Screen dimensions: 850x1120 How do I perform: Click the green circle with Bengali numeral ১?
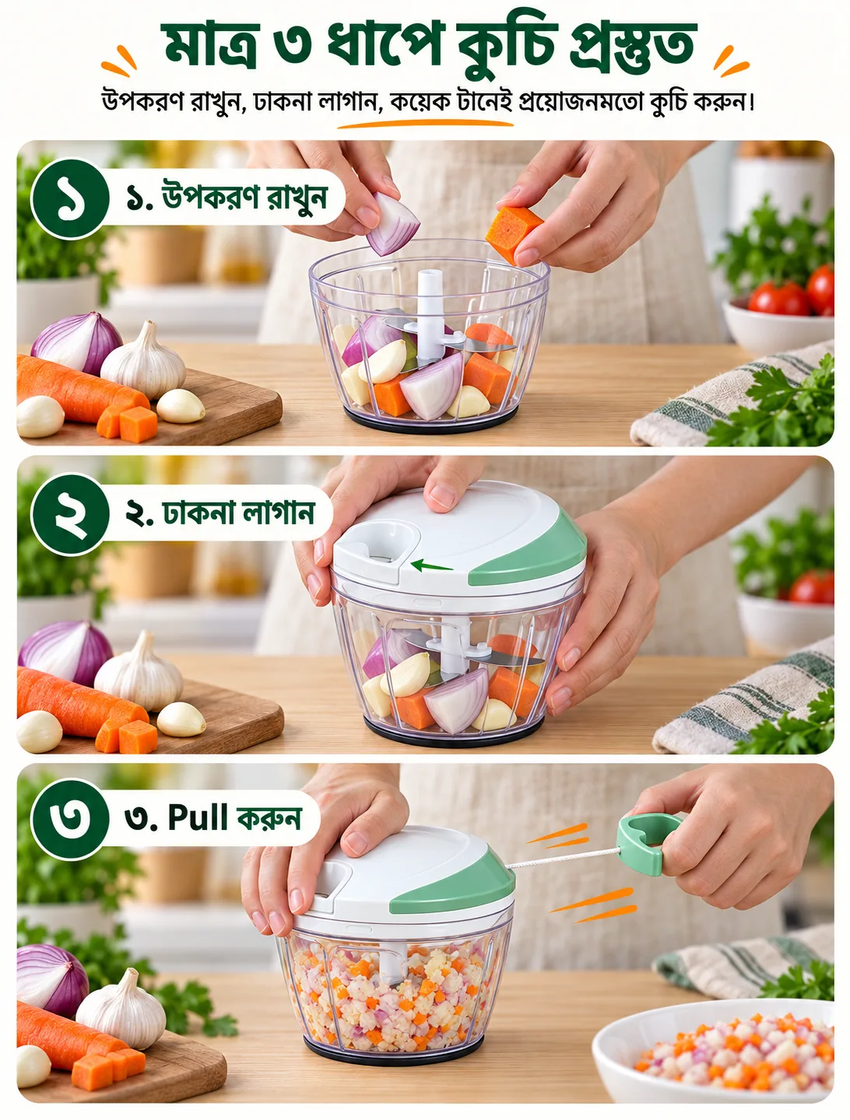tap(70, 198)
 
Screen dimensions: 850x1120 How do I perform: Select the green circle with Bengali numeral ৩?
tap(70, 819)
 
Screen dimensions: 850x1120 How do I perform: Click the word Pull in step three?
tap(198, 817)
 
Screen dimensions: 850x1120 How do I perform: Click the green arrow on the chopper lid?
tap(431, 565)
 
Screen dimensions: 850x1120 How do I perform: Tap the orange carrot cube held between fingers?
tap(513, 234)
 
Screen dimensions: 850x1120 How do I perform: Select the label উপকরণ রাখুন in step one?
tap(244, 198)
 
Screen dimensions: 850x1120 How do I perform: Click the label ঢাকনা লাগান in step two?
tap(238, 513)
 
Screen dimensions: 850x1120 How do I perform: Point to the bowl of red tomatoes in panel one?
tap(778, 319)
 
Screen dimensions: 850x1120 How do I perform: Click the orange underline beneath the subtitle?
tap(425, 123)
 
